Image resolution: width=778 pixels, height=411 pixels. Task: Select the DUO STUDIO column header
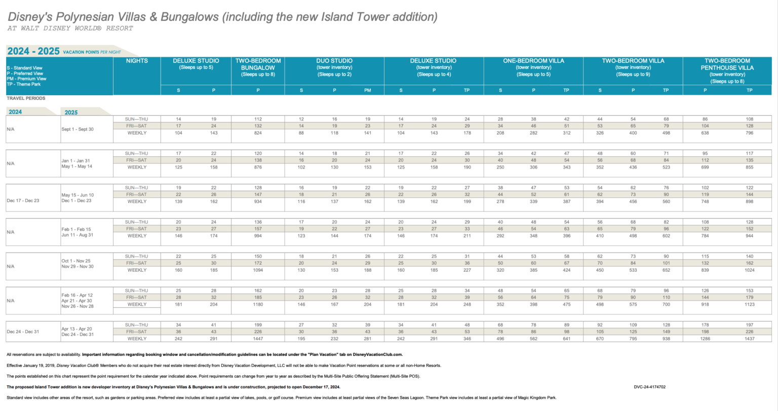pos(334,61)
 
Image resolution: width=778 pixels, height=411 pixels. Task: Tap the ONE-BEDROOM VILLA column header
pos(533,61)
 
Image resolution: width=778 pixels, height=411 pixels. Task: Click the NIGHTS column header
pos(137,61)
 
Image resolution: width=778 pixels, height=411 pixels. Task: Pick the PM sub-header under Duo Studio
pos(367,90)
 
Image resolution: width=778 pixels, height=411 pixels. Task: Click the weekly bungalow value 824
pos(258,133)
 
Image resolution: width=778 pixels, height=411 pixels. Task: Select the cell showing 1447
pos(258,339)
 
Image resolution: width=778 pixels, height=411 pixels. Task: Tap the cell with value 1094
pos(258,270)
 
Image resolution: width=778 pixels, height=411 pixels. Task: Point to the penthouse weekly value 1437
pos(749,339)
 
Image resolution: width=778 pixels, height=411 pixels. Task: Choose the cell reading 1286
pos(705,339)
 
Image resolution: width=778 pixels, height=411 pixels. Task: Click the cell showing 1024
pos(749,270)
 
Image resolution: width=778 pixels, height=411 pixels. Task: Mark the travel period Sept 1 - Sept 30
pos(77,129)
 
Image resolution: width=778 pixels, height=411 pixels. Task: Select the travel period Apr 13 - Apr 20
pos(77,329)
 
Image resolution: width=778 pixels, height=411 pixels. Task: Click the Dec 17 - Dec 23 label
pos(23,201)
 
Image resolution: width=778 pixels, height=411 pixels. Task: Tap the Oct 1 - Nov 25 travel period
pos(76,261)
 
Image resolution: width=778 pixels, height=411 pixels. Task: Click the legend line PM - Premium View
pos(26,79)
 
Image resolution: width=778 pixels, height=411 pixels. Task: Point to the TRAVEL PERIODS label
pos(26,98)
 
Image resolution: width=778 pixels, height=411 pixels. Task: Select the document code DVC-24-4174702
pos(649,387)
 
